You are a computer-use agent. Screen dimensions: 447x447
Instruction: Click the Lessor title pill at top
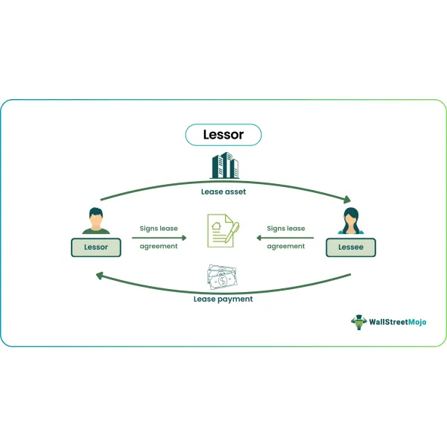pyautogui.click(x=223, y=135)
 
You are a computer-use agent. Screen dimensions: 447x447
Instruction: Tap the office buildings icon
pyautogui.click(x=225, y=165)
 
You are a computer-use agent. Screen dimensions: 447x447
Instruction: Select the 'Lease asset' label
pyautogui.click(x=223, y=192)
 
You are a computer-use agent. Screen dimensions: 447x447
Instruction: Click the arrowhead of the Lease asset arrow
pyautogui.click(x=347, y=199)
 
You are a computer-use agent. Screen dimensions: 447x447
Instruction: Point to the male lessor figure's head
pyautogui.click(x=96, y=217)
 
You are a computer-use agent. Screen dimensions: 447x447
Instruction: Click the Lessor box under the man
pyautogui.click(x=96, y=247)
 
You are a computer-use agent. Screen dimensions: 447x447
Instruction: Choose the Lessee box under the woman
pyautogui.click(x=351, y=247)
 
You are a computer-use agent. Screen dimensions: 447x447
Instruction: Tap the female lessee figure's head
pyautogui.click(x=351, y=218)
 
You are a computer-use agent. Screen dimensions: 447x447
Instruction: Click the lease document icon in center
pyautogui.click(x=223, y=231)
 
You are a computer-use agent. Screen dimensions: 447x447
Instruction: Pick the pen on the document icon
pyautogui.click(x=232, y=232)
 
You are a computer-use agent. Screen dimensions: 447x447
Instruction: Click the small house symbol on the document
pyautogui.click(x=216, y=226)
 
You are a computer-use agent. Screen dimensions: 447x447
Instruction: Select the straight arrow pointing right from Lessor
pyautogui.click(x=159, y=238)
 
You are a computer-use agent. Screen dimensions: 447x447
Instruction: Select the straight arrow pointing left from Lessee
pyautogui.click(x=285, y=238)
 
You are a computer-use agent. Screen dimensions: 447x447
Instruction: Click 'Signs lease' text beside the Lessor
pyautogui.click(x=159, y=229)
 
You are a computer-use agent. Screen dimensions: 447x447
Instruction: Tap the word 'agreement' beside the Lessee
pyautogui.click(x=286, y=247)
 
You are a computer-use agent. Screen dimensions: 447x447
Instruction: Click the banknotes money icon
pyautogui.click(x=222, y=277)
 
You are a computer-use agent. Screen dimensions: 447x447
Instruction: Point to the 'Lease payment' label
pyautogui.click(x=223, y=299)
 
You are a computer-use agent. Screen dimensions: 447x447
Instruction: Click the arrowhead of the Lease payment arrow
pyautogui.click(x=100, y=276)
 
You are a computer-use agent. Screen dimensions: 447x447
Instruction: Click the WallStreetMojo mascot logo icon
pyautogui.click(x=359, y=322)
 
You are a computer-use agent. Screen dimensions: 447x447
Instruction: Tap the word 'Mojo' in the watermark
pyautogui.click(x=417, y=322)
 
